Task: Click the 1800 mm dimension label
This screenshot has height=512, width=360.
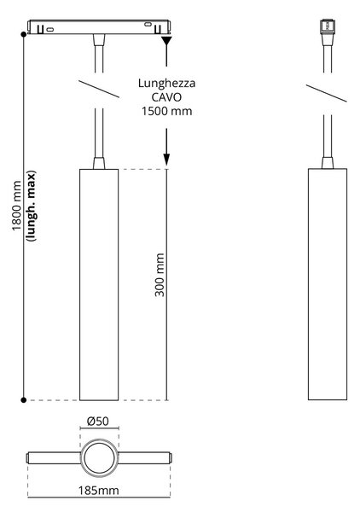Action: [x=16, y=206]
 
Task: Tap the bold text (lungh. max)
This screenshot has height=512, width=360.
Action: [x=32, y=206]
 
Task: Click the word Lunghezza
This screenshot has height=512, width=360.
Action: [x=167, y=84]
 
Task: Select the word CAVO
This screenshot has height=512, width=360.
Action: [x=166, y=97]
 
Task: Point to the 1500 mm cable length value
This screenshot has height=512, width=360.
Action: [x=167, y=111]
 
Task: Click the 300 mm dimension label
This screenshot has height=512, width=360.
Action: [x=160, y=275]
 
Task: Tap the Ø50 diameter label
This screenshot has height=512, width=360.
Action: [x=98, y=421]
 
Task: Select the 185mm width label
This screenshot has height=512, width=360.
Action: [x=98, y=490]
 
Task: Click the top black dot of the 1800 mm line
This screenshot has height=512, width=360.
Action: [x=24, y=34]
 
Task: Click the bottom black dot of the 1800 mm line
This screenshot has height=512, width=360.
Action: [x=24, y=400]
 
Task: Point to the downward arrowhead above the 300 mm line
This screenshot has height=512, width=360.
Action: [x=166, y=160]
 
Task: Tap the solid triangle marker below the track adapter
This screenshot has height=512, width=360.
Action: [x=166, y=41]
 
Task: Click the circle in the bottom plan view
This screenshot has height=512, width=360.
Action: [x=99, y=442]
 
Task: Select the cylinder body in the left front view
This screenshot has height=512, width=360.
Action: [x=99, y=284]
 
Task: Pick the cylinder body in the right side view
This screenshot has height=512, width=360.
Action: [x=328, y=284]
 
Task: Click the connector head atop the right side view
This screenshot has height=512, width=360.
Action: [x=328, y=26]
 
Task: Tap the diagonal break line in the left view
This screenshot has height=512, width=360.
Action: [x=99, y=89]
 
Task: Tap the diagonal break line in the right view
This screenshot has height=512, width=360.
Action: [x=327, y=93]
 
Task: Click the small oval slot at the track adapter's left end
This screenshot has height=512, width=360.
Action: [x=50, y=30]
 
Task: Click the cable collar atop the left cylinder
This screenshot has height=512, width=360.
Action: [x=99, y=163]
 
